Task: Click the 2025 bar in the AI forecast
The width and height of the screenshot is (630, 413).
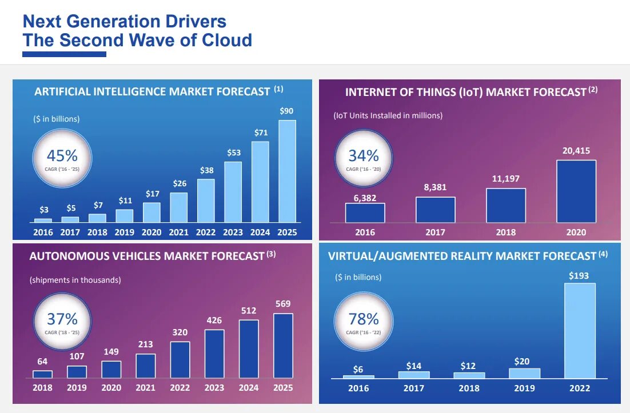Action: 287,171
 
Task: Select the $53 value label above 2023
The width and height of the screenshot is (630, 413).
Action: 234,153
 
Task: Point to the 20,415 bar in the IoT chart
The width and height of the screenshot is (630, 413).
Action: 576,191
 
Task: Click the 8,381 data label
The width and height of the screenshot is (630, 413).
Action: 435,187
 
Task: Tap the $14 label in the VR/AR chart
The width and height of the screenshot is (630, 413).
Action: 413,365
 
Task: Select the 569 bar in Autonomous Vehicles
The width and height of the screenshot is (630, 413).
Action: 283,345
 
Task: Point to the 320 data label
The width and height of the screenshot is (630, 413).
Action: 180,332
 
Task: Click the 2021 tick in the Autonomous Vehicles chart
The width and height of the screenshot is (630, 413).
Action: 146,388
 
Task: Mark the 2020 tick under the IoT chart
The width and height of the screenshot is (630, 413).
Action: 576,232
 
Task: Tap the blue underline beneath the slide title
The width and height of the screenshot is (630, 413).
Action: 64,54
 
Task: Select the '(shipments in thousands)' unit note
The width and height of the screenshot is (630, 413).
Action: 75,280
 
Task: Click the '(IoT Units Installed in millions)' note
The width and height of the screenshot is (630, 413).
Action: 388,115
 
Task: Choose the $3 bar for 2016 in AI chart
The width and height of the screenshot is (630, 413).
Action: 43,220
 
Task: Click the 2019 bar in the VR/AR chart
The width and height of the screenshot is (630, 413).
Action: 524,373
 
